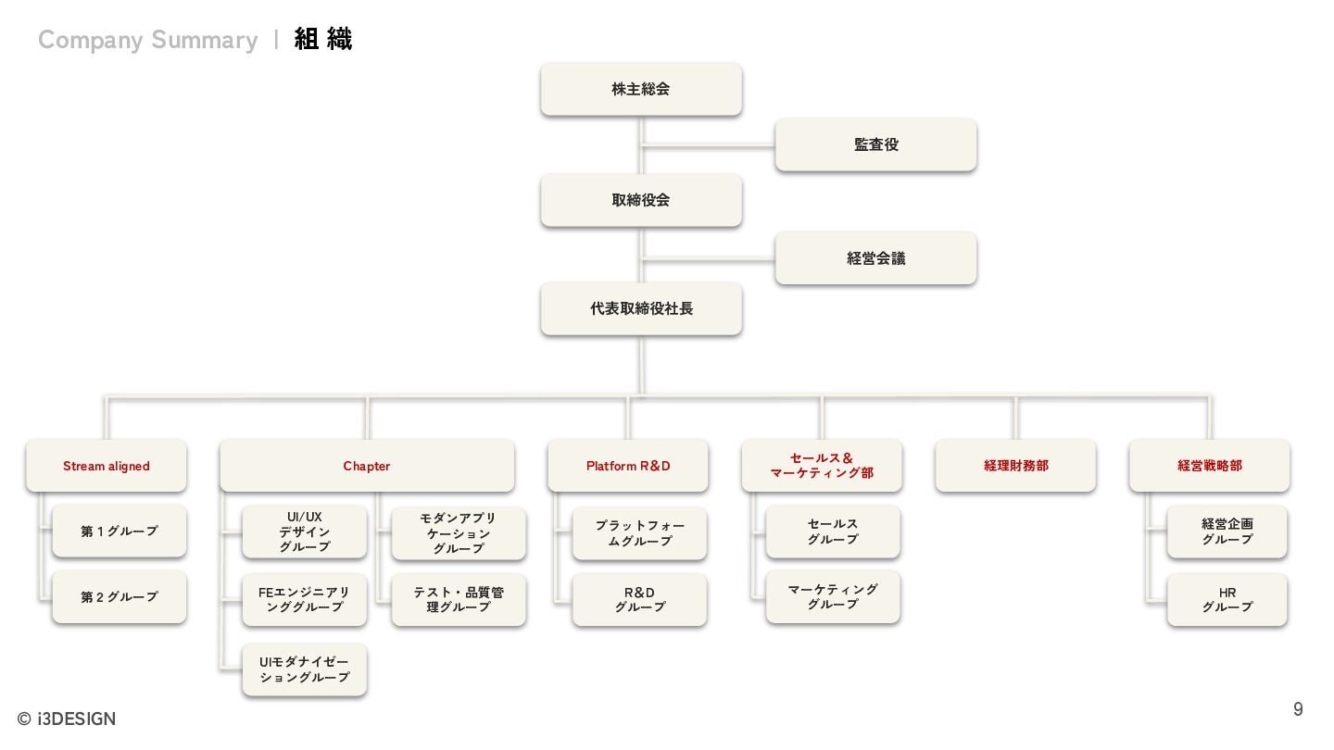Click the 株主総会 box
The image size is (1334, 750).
[x=641, y=89]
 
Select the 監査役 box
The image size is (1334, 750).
[x=875, y=144]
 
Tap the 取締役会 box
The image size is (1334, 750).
[x=641, y=200]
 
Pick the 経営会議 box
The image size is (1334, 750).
[x=875, y=258]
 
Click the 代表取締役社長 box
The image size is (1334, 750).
[x=641, y=308]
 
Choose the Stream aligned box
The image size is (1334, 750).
[x=107, y=466]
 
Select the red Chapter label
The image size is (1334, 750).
[x=367, y=466]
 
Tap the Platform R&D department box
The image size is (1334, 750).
[x=628, y=466]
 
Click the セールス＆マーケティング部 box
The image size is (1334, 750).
[x=822, y=465]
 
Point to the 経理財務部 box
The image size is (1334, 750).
[x=1015, y=466]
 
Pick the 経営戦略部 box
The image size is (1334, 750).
[x=1209, y=466]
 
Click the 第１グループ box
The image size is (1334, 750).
[x=120, y=531]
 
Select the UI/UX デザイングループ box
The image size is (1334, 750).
[x=304, y=531]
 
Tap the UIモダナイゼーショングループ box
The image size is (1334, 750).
[x=304, y=669]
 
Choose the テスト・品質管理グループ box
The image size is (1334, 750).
[x=459, y=599]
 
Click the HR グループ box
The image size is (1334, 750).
[x=1227, y=599]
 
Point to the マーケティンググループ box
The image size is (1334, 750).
[x=833, y=596]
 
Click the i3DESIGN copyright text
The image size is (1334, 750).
[x=67, y=719]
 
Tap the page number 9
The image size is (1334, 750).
[x=1298, y=709]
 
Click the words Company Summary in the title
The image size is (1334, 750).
[x=148, y=40]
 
